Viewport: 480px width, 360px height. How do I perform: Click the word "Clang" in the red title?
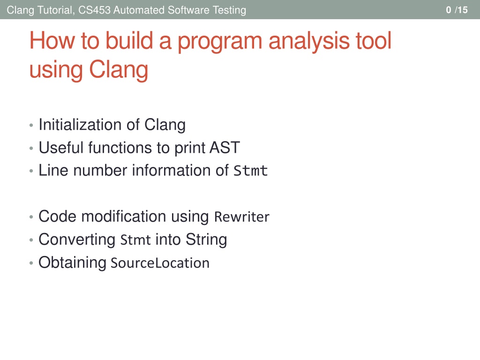(x=119, y=70)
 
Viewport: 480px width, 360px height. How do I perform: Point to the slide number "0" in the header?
(x=449, y=10)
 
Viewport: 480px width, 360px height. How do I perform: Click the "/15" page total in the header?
(x=461, y=10)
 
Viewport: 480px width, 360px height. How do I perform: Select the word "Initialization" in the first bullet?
(x=80, y=125)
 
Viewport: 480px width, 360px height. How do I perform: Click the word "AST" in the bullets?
(x=225, y=148)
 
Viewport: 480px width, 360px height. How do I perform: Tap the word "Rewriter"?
(x=242, y=217)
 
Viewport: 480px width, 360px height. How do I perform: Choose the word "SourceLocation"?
(x=160, y=263)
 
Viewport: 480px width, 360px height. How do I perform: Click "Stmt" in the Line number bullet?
(x=251, y=171)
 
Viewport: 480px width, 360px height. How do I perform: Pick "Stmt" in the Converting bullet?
(x=135, y=240)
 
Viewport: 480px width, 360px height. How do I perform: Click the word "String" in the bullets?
(x=206, y=240)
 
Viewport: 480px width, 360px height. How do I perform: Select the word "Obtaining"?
(x=72, y=262)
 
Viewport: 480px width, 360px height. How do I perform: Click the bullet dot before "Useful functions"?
(x=31, y=149)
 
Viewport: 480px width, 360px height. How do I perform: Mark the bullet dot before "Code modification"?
(x=31, y=217)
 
